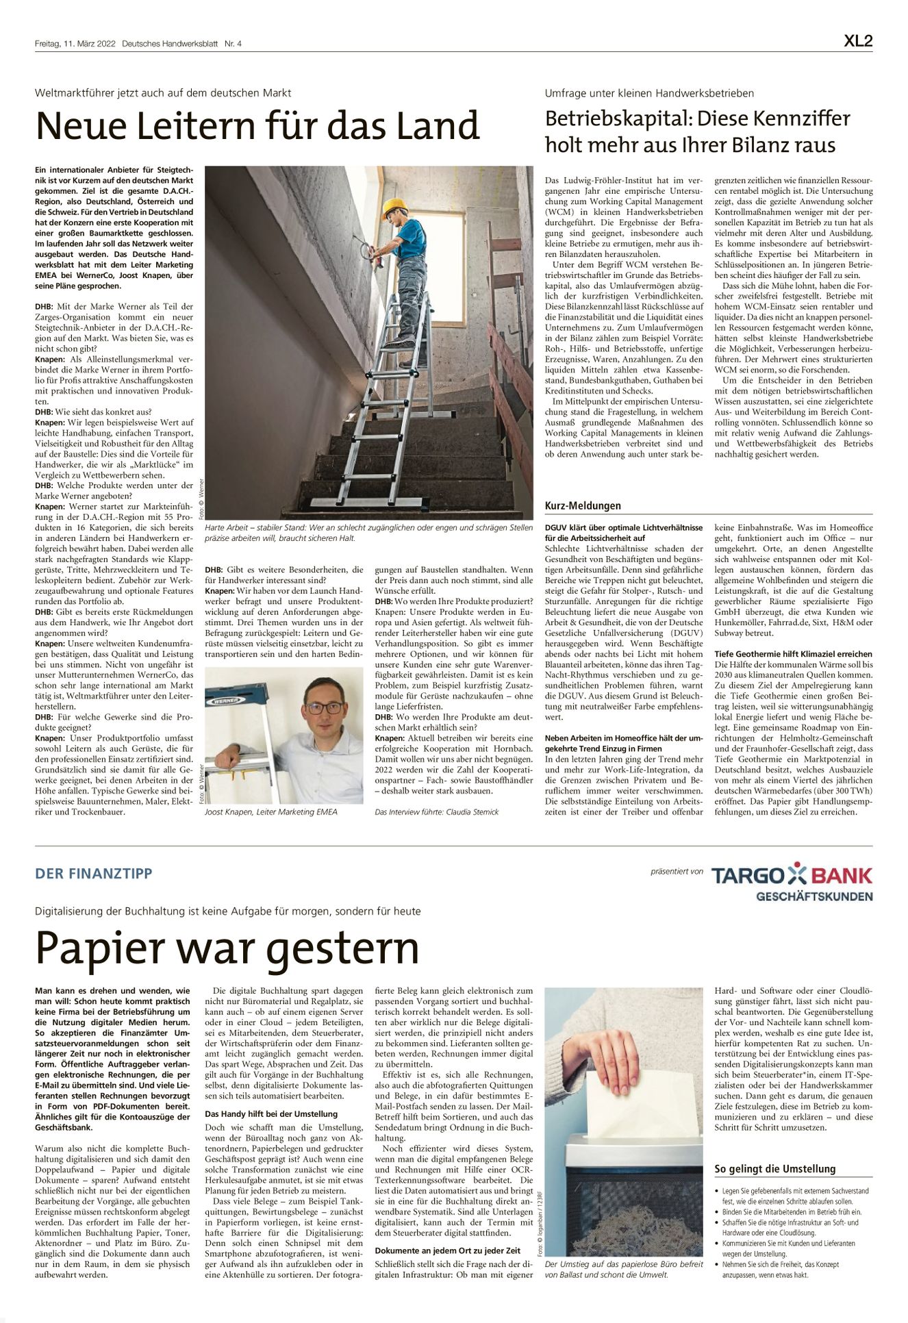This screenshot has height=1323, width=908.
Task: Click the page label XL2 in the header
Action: (857, 41)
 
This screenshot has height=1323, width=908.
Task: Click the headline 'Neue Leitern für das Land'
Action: (257, 126)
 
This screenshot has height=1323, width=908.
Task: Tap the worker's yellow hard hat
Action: (394, 206)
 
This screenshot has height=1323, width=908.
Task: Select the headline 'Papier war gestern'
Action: (227, 948)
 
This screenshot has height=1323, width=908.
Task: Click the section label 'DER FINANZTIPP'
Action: (94, 874)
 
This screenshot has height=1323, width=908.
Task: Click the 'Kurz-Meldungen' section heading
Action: (583, 506)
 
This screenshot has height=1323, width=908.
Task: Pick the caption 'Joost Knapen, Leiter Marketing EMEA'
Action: (271, 812)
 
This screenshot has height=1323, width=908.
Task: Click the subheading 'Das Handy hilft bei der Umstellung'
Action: (271, 1114)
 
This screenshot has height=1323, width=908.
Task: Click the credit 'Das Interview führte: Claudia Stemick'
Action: (437, 812)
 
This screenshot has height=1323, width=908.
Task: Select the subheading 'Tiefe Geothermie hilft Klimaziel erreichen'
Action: (793, 654)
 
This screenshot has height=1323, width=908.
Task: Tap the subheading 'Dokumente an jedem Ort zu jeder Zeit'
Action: (448, 1250)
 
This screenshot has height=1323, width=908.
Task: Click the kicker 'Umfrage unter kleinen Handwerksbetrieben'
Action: (649, 93)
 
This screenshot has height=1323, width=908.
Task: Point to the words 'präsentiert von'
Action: (677, 872)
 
